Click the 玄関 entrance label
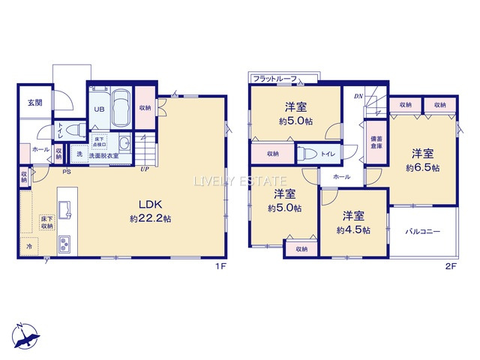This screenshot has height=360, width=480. coord(34,103)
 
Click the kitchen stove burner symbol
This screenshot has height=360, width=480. coord(64,244)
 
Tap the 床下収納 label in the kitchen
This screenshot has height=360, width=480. coord(46,222)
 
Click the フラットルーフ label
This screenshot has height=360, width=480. coord(275,78)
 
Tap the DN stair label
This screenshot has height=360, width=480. coord(358,97)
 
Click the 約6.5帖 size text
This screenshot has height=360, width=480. coord(423,168)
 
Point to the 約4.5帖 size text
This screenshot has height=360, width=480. coord(353,231)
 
